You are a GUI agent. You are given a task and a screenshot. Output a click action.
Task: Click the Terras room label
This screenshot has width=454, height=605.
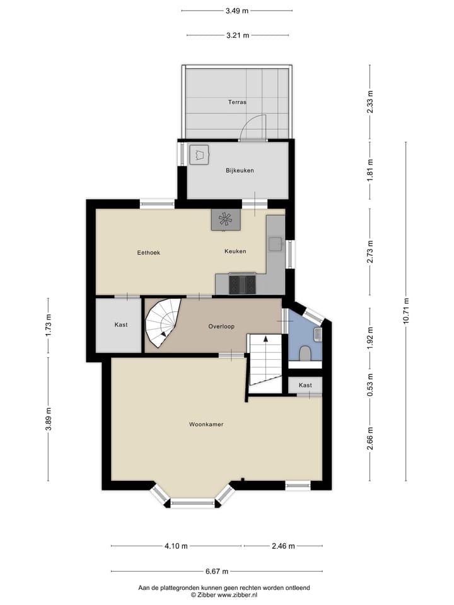(x=237, y=101)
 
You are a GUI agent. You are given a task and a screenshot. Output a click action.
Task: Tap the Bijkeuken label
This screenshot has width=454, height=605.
(x=240, y=170)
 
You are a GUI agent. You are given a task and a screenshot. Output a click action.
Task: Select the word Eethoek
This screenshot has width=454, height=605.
(x=149, y=252)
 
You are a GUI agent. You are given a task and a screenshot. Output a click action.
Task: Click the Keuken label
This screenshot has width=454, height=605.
(x=235, y=251)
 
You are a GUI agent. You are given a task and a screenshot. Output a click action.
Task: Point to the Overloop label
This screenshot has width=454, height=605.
(x=221, y=326)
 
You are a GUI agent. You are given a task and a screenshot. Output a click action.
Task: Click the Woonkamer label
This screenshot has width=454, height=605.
(x=206, y=424)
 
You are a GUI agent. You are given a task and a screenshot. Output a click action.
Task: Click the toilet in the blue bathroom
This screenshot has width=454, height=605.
(x=305, y=353)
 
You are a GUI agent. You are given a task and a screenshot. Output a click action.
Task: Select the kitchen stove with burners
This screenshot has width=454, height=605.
(x=242, y=284)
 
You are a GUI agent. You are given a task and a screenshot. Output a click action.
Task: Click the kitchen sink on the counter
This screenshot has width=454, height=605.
(x=275, y=243)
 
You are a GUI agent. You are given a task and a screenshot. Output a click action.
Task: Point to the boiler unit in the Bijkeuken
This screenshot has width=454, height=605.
(x=200, y=154)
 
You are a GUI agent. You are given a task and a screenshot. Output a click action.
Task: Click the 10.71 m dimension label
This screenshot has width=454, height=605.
(x=405, y=309)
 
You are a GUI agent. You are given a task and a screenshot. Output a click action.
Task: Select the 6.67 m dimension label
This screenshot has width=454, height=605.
(x=216, y=571)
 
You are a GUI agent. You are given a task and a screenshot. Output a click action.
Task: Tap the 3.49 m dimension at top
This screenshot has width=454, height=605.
(x=236, y=11)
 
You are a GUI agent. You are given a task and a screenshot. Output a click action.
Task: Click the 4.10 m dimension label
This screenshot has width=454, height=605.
(x=176, y=546)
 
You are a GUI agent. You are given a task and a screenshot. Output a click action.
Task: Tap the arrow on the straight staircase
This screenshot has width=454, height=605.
(x=265, y=340)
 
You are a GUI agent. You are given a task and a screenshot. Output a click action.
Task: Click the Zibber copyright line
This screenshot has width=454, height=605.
(x=224, y=594)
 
